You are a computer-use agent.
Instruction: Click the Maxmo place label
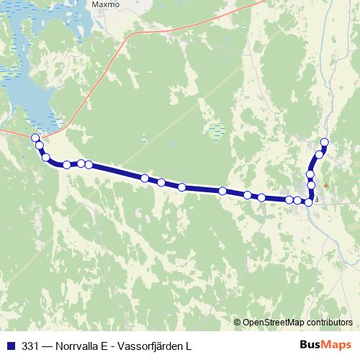[104, 4]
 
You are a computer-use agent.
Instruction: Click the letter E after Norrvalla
[106, 346]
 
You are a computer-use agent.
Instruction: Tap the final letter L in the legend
[189, 346]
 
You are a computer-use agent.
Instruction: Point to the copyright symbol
[237, 323]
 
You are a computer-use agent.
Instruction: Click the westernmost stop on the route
[35, 138]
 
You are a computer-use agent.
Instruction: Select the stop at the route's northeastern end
[325, 142]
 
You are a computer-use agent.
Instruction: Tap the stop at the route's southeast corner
[309, 202]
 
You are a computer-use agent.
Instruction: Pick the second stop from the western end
[40, 146]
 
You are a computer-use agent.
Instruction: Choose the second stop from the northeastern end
[319, 155]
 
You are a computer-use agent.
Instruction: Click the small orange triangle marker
[325, 185]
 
